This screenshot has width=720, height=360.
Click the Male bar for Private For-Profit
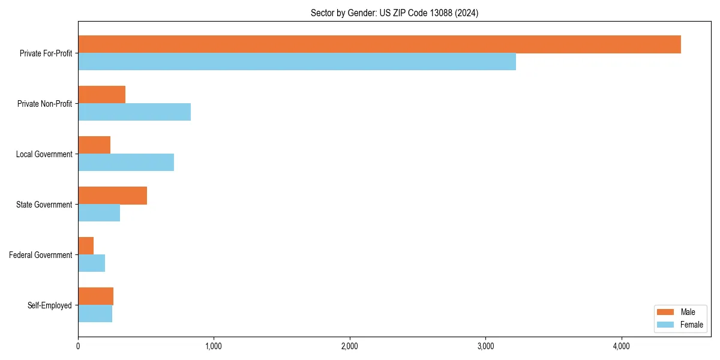tap(379, 44)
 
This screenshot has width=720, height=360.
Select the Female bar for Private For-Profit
tap(297, 62)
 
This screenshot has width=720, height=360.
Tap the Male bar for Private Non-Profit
tap(101, 95)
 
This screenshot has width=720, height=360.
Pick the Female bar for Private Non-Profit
tap(134, 112)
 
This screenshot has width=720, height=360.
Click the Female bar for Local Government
tap(126, 163)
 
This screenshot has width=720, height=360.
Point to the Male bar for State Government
tap(112, 196)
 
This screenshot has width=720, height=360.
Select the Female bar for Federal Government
tap(91, 263)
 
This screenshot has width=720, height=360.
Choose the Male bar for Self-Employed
tap(95, 296)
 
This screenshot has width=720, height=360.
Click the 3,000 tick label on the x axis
tap(485, 346)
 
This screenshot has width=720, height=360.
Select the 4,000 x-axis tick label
tap(621, 346)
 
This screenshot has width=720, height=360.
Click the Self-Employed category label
tap(50, 305)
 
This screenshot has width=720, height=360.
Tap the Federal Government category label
tap(41, 255)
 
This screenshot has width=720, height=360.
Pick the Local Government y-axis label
tap(44, 154)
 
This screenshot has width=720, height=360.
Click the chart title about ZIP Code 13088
tap(394, 13)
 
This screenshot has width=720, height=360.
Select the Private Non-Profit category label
tap(45, 104)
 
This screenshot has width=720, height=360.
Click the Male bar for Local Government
tap(94, 145)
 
